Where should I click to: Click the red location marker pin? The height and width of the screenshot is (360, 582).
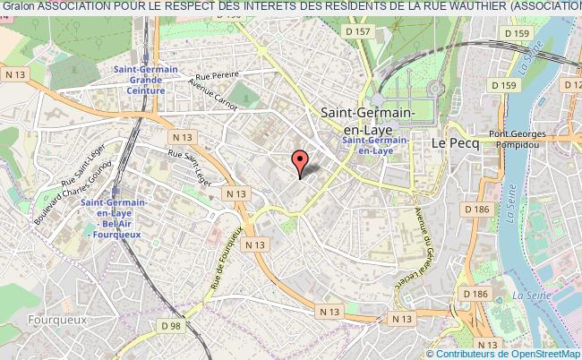[300, 161]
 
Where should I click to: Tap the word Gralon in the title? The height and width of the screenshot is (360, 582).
[17, 8]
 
